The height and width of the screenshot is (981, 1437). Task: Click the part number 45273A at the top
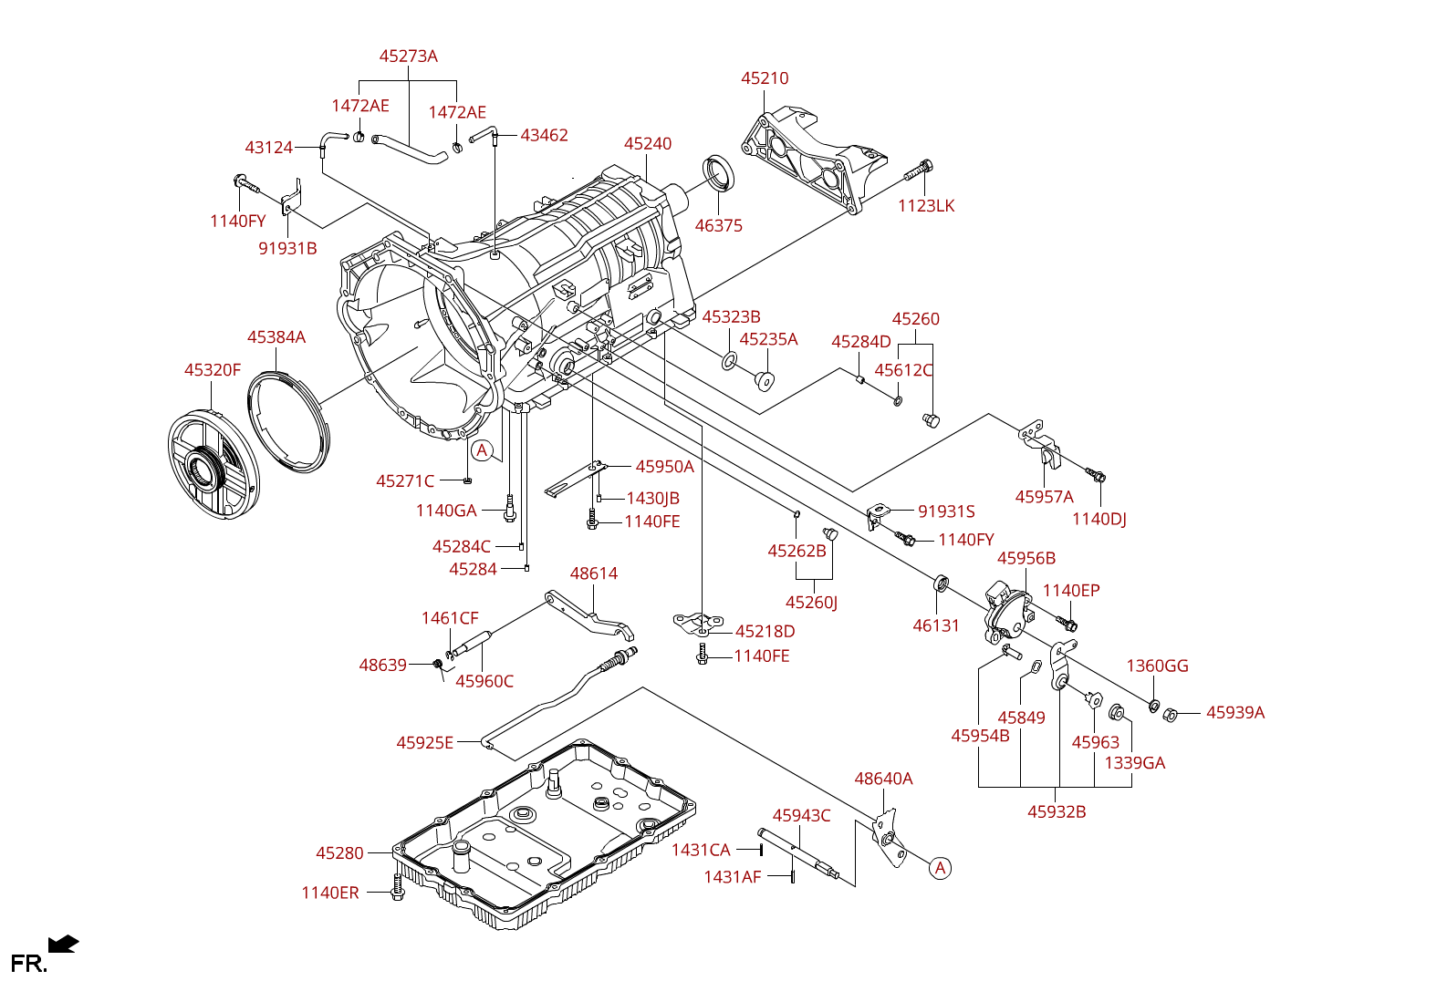click(x=408, y=57)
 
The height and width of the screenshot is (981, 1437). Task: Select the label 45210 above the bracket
click(x=765, y=78)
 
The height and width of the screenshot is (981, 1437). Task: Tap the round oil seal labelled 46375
click(x=719, y=173)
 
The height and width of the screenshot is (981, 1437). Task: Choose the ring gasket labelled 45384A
click(x=288, y=422)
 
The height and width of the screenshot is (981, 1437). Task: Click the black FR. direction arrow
click(x=64, y=944)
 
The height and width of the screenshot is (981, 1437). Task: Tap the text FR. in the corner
click(x=29, y=964)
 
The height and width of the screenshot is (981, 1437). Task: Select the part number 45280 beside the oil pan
click(x=339, y=853)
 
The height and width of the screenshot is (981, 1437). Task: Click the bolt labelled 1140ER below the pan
click(x=397, y=888)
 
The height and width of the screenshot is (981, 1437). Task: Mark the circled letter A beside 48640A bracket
click(x=940, y=868)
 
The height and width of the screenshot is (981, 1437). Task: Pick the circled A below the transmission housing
click(x=482, y=450)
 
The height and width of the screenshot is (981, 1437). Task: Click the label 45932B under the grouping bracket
click(x=1057, y=812)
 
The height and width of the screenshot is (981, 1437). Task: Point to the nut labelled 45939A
click(x=1170, y=714)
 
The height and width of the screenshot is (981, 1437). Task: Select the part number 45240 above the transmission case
click(x=648, y=144)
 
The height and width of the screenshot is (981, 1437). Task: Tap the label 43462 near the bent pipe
click(x=544, y=135)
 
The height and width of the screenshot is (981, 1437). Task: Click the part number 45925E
click(x=424, y=743)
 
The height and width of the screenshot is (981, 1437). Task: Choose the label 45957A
click(x=1045, y=497)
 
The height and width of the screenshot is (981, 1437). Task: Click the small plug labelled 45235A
click(x=764, y=381)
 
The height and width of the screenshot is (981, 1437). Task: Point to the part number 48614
click(x=594, y=573)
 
